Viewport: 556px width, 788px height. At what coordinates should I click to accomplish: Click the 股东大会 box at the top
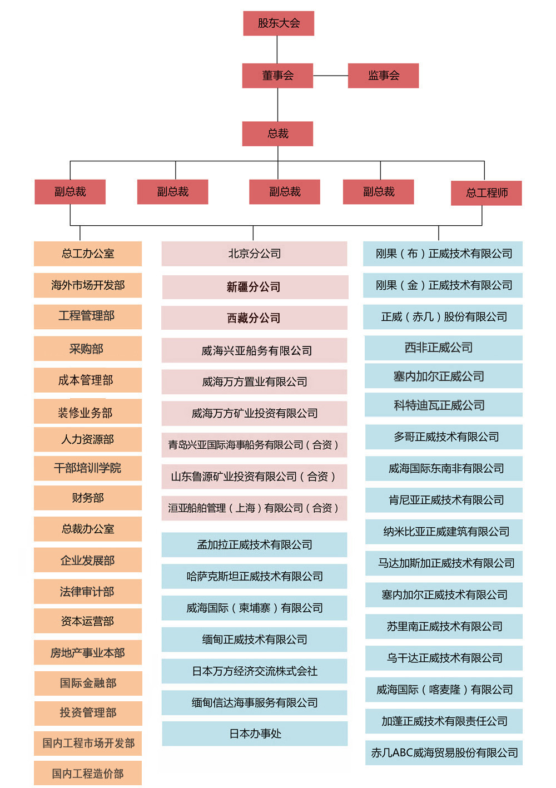(x=279, y=23)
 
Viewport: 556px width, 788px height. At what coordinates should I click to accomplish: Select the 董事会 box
(x=277, y=76)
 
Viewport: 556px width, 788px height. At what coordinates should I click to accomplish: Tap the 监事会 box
(x=383, y=76)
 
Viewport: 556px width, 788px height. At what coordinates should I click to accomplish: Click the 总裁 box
(x=277, y=134)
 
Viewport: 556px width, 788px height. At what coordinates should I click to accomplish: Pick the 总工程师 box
(x=487, y=193)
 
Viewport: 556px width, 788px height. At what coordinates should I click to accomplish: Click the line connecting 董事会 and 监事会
(x=330, y=76)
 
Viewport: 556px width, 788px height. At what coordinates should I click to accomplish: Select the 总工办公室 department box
(x=88, y=254)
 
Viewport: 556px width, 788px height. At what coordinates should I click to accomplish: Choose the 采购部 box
(x=88, y=349)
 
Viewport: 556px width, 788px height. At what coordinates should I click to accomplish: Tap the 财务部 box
(x=88, y=498)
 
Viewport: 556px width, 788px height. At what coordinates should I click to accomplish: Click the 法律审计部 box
(x=88, y=592)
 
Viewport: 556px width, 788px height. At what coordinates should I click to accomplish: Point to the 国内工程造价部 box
(x=88, y=774)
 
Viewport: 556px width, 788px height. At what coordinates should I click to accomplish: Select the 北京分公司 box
(x=254, y=254)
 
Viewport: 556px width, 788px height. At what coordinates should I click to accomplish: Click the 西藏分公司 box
(x=254, y=318)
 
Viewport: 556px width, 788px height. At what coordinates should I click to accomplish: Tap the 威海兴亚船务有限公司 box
(x=254, y=350)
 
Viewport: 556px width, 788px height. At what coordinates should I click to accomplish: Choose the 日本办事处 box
(x=255, y=734)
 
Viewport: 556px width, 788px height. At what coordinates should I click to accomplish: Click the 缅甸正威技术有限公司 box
(x=254, y=640)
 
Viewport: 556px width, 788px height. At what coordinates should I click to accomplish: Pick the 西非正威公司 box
(x=443, y=348)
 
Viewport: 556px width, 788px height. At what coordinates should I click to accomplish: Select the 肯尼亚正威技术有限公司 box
(x=444, y=500)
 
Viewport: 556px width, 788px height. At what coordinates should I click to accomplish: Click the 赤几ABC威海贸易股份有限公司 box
(x=444, y=752)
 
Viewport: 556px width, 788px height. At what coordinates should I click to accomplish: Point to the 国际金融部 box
(x=88, y=683)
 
